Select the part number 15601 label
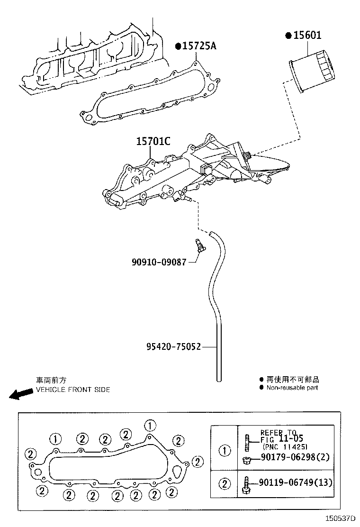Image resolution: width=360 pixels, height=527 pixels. [x=307, y=36]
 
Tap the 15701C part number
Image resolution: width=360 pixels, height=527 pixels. [x=153, y=141]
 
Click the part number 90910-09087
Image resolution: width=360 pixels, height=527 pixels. [x=159, y=262]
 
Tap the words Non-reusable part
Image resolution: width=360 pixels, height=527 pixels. [x=292, y=388]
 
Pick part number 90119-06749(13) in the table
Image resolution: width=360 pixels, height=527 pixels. [x=296, y=483]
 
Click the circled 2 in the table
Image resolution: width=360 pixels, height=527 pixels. [x=224, y=484]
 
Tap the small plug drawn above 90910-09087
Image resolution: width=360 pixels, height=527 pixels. [x=199, y=246]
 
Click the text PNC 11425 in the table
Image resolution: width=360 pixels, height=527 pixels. [x=285, y=446]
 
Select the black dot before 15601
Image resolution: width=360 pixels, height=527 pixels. [x=288, y=36]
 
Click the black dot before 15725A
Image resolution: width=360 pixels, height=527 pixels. [x=178, y=46]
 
